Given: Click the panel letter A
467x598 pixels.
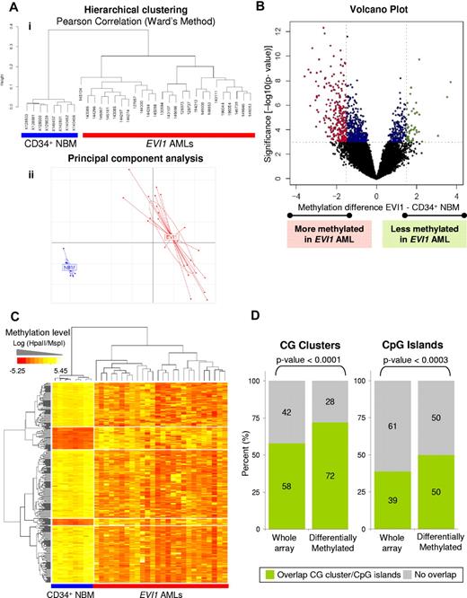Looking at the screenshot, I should tap(8, 8).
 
